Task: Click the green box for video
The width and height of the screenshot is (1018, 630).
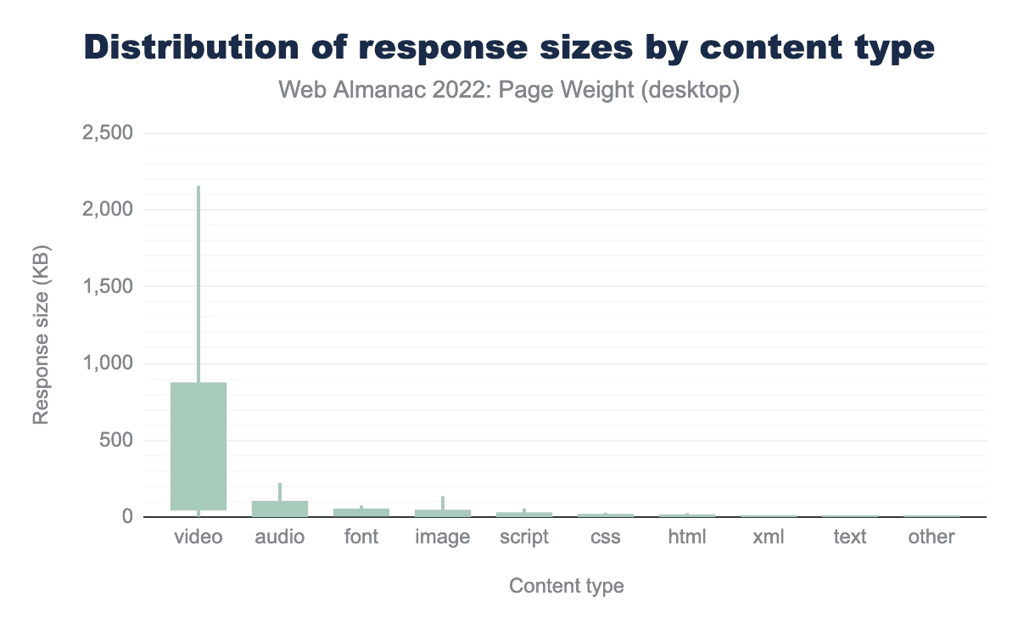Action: (199, 446)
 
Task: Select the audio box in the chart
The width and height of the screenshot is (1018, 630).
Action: (280, 508)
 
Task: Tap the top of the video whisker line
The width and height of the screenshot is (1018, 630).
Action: (199, 188)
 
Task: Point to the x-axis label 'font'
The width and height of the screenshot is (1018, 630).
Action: (361, 537)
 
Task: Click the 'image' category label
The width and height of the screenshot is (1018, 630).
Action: (443, 537)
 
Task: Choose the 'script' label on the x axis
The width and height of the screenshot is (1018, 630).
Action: (524, 537)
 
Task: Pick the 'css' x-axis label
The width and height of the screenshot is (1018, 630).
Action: (606, 537)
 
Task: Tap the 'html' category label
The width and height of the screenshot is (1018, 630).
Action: (687, 537)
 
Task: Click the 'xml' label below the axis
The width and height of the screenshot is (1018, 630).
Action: (769, 537)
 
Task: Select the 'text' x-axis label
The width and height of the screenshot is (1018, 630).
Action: (850, 537)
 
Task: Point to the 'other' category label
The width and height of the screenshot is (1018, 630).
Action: (931, 537)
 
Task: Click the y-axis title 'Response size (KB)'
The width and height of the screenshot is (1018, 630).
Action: (41, 335)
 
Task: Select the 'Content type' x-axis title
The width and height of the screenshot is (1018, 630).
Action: (566, 586)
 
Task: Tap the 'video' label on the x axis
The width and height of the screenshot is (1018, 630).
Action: (199, 537)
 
